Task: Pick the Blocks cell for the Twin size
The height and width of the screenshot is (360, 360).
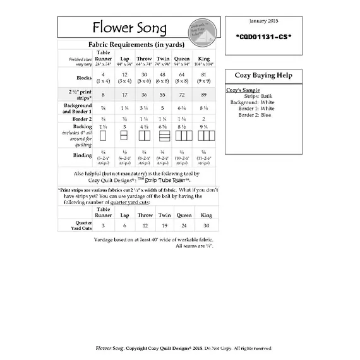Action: [163, 78]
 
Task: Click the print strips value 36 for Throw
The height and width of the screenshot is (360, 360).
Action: [143, 94]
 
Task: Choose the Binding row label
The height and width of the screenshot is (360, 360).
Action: [81, 155]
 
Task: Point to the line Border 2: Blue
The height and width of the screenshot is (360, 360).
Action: [255, 114]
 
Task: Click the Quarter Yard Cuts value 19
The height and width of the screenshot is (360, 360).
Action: [165, 225]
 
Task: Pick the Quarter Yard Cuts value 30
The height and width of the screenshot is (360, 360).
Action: [206, 225]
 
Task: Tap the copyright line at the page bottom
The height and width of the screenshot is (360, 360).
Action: [184, 348]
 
